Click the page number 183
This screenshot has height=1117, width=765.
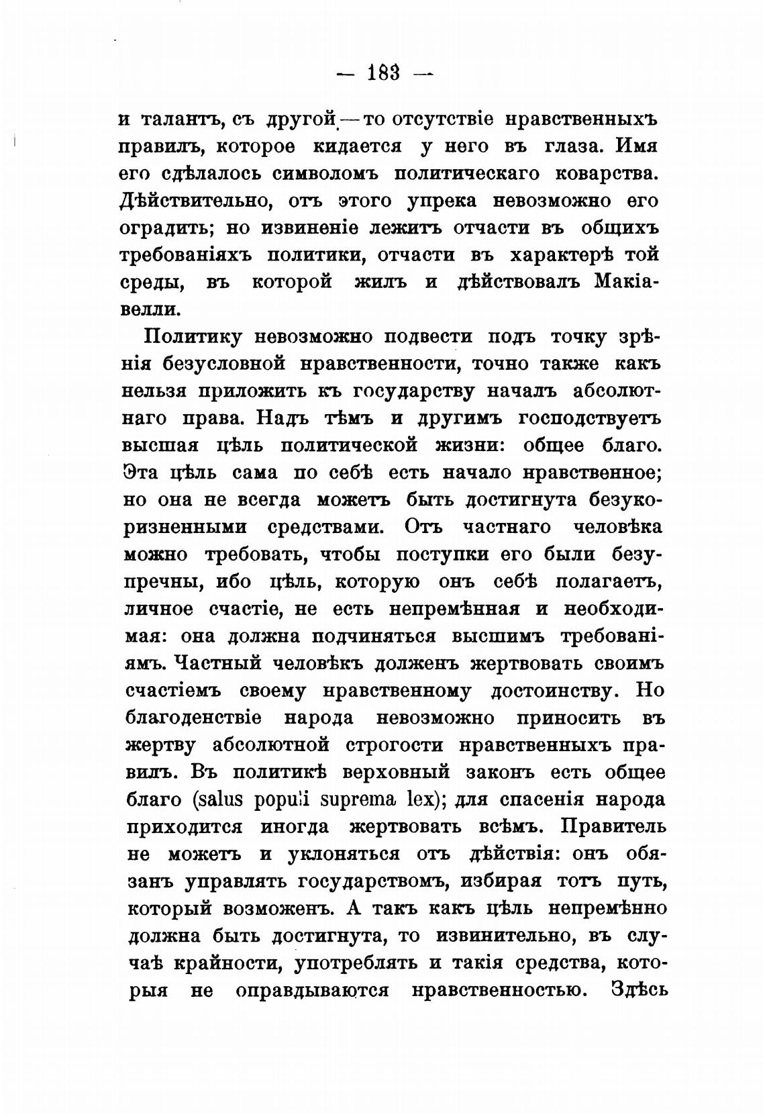[384, 72]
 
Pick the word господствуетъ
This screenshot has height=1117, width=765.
[591, 418]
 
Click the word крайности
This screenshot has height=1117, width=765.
[225, 963]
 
